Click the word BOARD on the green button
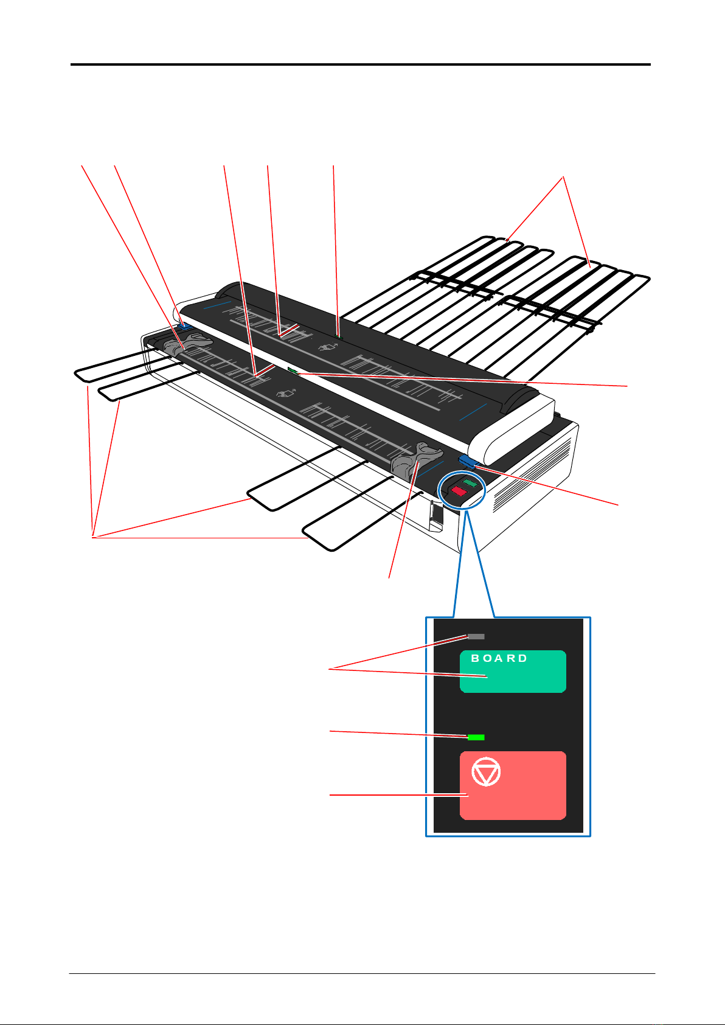coord(499,658)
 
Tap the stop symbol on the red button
coord(486,771)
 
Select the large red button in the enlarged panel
coord(513,785)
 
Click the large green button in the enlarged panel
coord(513,672)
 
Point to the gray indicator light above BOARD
coord(476,636)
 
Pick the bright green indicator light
coord(476,737)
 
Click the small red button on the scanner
coord(459,491)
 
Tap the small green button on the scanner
coord(470,483)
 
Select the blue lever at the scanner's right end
coord(468,461)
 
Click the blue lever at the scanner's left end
coord(184,325)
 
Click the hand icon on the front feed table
coord(286,393)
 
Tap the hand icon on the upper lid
coord(328,347)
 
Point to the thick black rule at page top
coord(361,64)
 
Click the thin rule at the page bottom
coord(362,973)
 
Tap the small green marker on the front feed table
coord(293,370)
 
